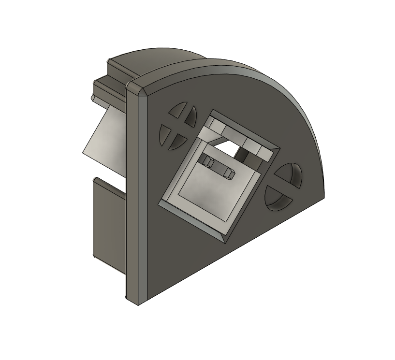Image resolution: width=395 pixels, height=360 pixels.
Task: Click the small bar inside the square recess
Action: click(x=220, y=166)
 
